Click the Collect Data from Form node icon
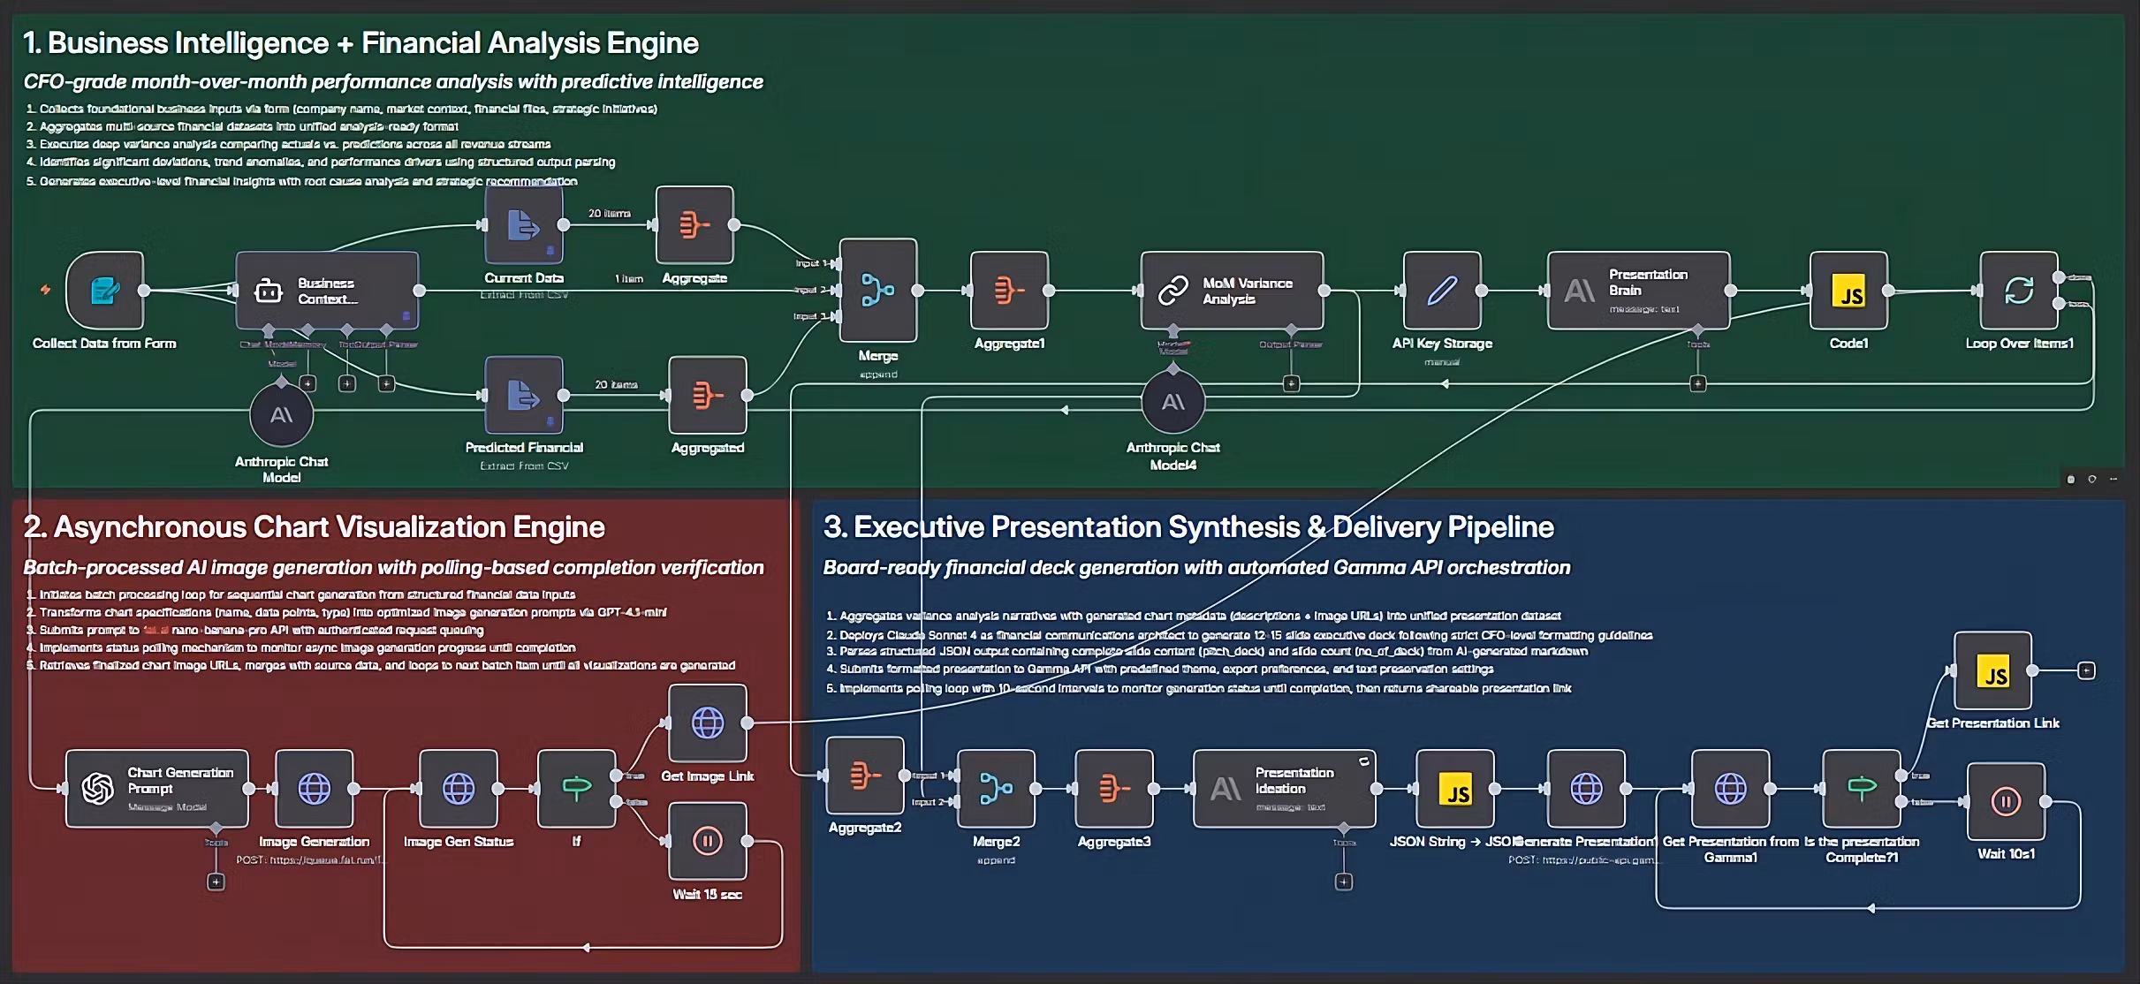[105, 291]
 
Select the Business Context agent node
[327, 291]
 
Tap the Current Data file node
[524, 225]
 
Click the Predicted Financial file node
[524, 395]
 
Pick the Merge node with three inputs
[878, 290]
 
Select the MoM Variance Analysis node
[1232, 291]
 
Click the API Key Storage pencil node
[1442, 291]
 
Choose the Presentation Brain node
[1638, 291]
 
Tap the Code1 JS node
[1848, 291]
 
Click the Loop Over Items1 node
[2019, 291]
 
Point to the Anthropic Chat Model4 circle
[1173, 403]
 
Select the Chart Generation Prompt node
[157, 788]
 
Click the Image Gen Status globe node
[459, 788]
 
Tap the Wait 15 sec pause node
[708, 841]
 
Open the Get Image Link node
[708, 723]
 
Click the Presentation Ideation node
[1284, 788]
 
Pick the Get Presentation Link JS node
[1993, 670]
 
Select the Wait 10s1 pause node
[2006, 801]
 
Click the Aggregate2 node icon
[865, 776]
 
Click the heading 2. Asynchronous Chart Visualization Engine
[315, 527]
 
